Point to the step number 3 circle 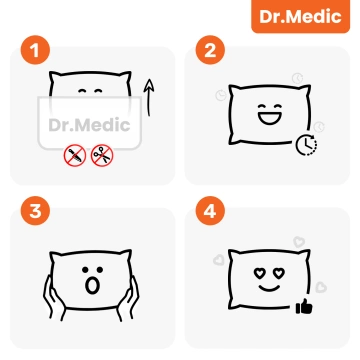click(x=36, y=213)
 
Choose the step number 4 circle click(x=209, y=213)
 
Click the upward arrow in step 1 click(x=147, y=99)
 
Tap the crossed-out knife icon click(x=73, y=156)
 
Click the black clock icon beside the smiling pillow click(x=307, y=146)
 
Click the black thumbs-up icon click(x=303, y=306)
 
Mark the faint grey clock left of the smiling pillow click(x=221, y=96)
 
